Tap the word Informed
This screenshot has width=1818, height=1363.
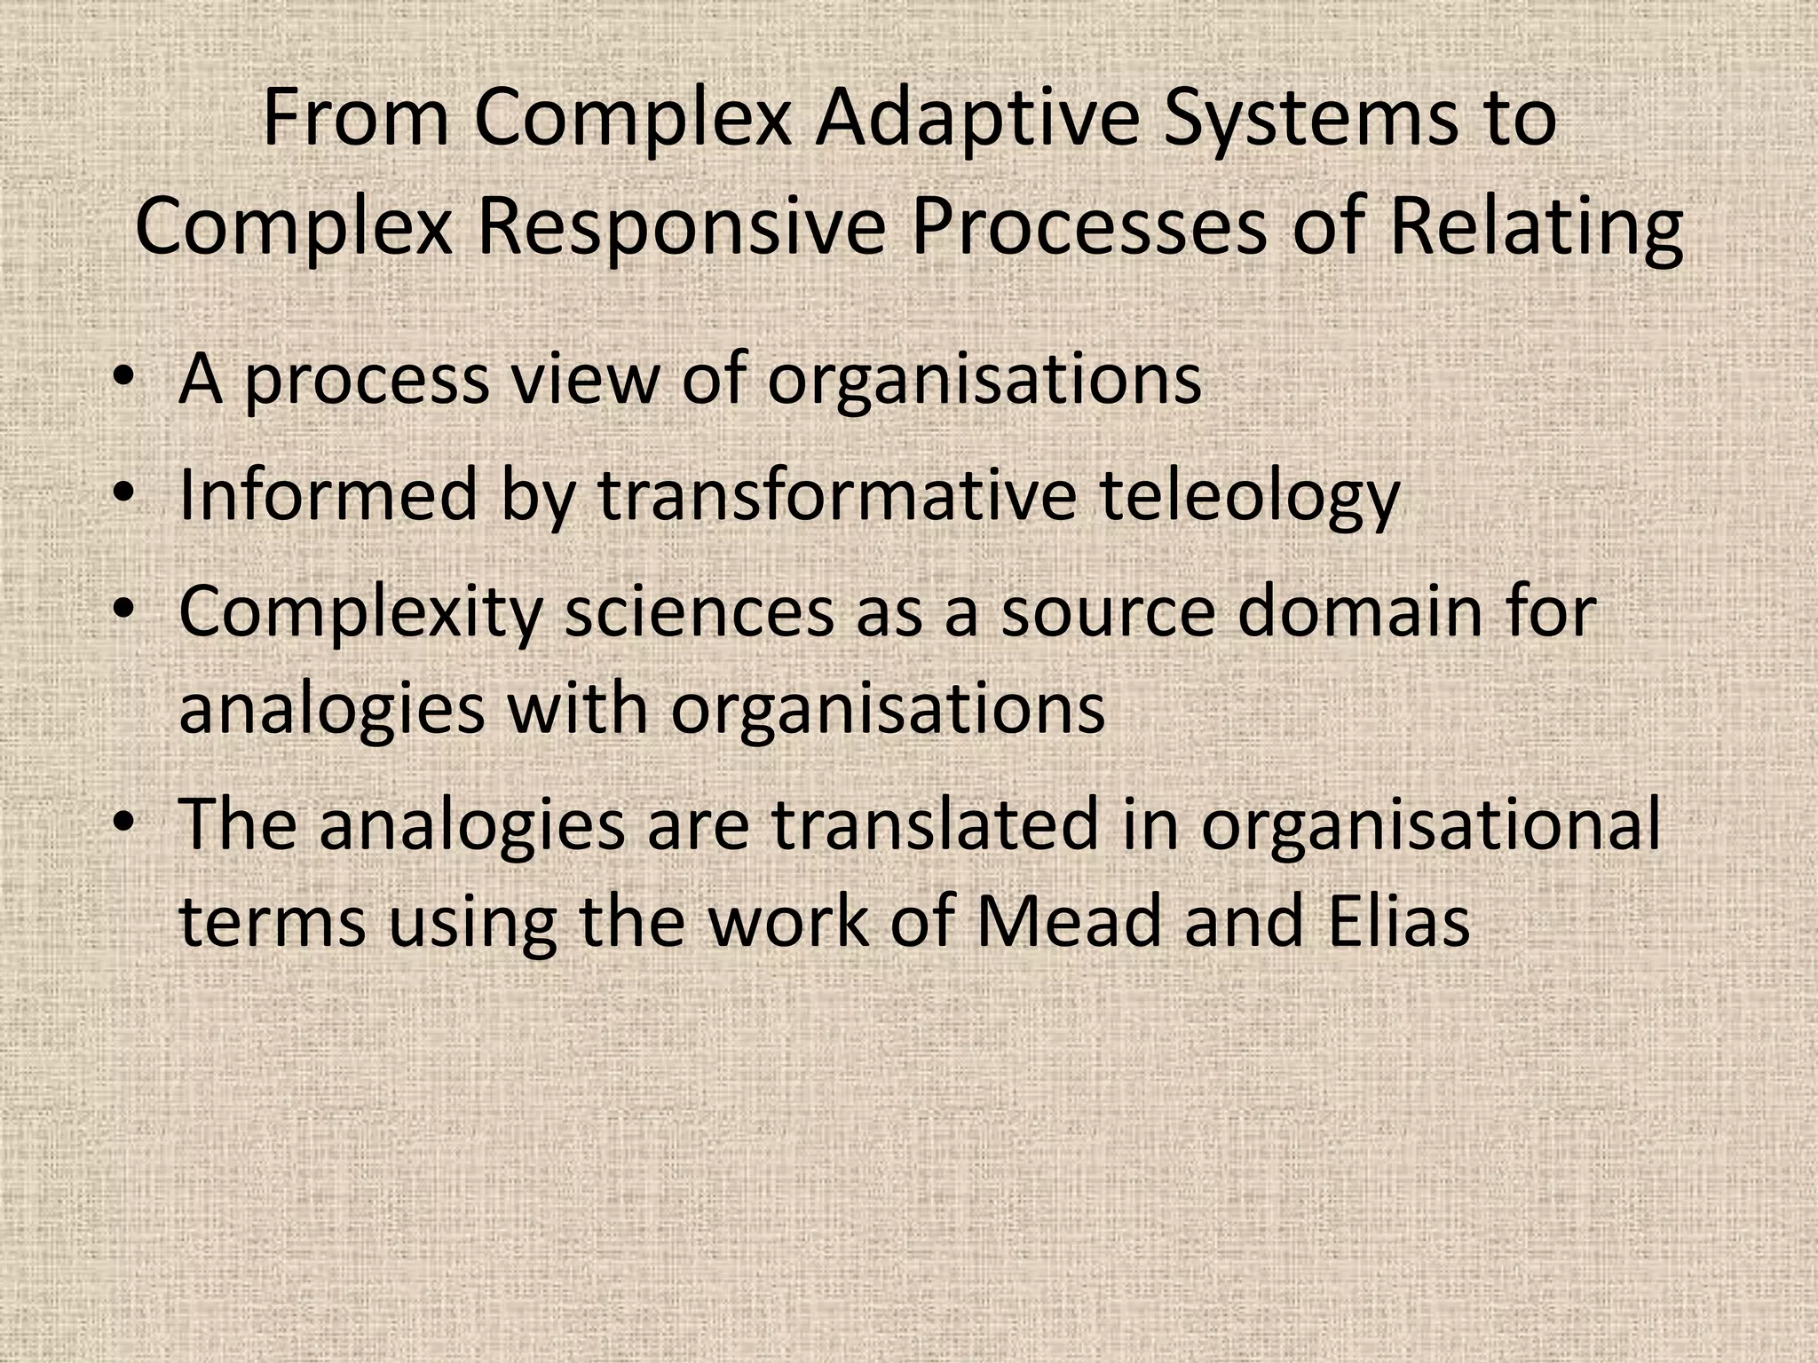pyautogui.click(x=328, y=494)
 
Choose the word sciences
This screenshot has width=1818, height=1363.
pyautogui.click(x=700, y=612)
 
